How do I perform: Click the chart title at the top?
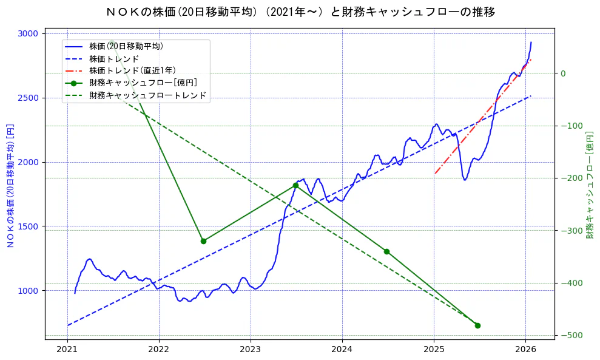300,12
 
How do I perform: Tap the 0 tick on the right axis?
562,73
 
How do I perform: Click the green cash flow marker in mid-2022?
204,241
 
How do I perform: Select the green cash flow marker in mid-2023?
295,185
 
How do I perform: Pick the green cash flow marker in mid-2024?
386,251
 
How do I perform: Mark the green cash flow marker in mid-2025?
477,325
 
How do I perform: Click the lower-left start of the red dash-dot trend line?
435,174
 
